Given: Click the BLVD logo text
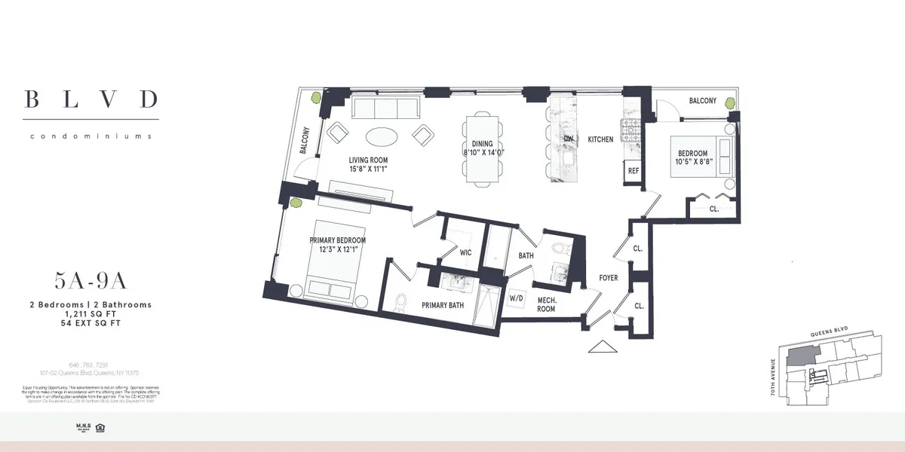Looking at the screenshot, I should pos(90,99).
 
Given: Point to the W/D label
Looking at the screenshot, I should pos(517,298).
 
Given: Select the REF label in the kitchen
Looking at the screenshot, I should pos(633,171).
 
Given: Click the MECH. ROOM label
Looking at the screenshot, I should pos(546,304).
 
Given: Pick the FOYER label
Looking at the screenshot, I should pos(609,278).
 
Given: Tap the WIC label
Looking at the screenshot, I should pos(465,252).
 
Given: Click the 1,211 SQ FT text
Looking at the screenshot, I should pos(90,313).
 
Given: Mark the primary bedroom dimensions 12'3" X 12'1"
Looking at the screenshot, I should pos(337,249).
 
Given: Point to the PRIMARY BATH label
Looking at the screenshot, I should pos(443,305).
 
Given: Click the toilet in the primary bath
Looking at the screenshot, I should pos(401,301).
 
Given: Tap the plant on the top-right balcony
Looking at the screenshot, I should pos(730,104).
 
